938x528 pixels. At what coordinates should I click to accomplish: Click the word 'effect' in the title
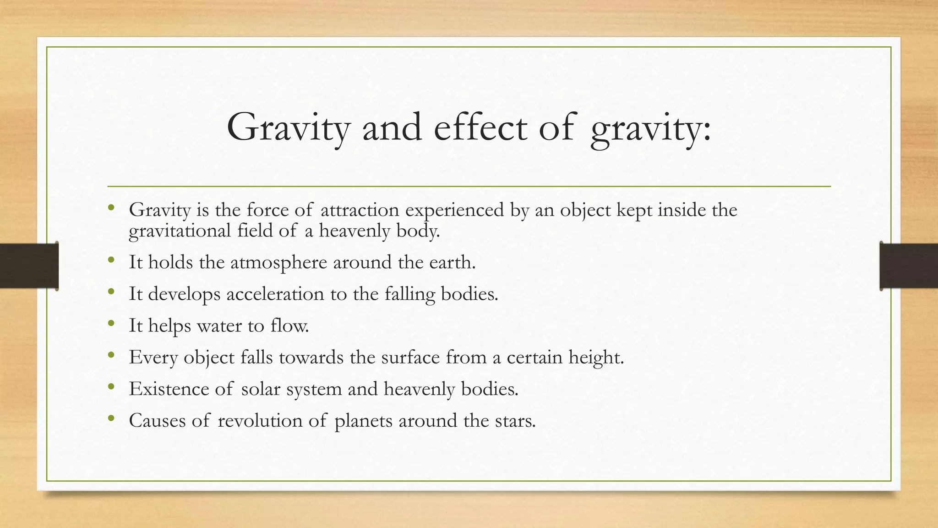480,127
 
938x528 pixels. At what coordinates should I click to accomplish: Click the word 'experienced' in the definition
455,211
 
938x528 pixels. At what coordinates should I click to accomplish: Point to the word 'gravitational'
180,231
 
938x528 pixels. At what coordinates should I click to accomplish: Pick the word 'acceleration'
275,294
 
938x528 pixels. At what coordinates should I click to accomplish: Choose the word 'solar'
260,389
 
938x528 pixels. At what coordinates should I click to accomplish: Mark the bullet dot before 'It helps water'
111,324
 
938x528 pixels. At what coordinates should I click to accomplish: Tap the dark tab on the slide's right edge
909,266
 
